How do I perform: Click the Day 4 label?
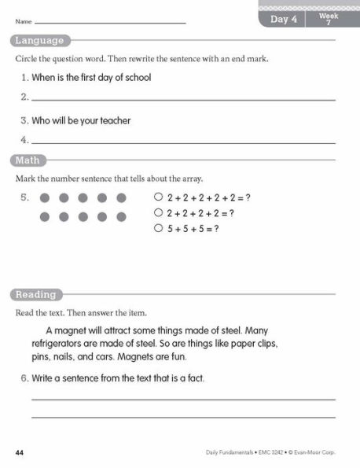click(x=284, y=20)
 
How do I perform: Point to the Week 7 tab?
click(x=329, y=20)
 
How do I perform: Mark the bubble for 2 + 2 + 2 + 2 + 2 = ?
click(x=158, y=197)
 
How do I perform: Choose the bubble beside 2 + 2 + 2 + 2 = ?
click(x=158, y=212)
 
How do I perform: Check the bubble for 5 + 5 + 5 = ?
click(x=158, y=228)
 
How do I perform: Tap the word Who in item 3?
click(x=41, y=120)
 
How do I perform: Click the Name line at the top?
click(x=110, y=23)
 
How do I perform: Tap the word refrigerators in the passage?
click(x=60, y=345)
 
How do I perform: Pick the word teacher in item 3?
click(x=113, y=120)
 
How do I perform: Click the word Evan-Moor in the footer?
click(x=310, y=453)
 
